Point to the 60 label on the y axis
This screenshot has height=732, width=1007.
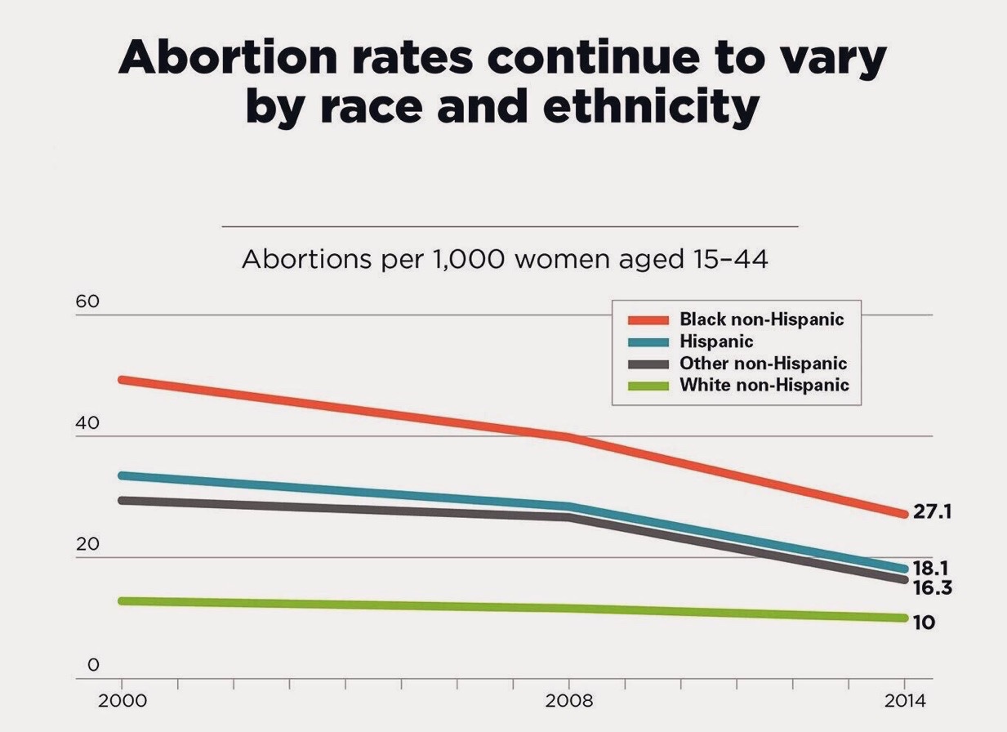coord(87,301)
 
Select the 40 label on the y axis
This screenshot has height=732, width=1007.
coord(87,423)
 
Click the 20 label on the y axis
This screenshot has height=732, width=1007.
coord(87,545)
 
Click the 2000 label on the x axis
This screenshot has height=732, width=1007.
coord(122,701)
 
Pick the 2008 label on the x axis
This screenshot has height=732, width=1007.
coord(569,701)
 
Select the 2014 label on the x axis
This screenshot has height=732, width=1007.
coord(904,701)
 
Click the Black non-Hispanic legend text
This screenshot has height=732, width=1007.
coord(761,319)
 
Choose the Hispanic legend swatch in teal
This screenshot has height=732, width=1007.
coord(648,341)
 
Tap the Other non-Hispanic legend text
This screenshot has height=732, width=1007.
coord(763,364)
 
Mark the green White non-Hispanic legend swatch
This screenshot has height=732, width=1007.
coord(648,386)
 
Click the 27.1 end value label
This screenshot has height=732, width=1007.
coord(932,512)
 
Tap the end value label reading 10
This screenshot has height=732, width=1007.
coord(924,623)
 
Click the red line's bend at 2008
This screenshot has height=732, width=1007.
coord(569,438)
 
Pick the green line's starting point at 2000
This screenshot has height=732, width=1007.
coord(123,601)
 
